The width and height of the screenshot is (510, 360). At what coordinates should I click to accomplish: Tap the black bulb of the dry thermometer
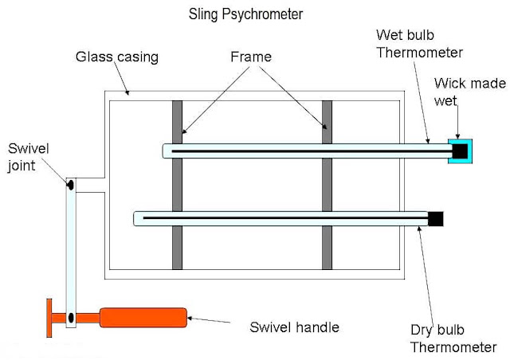(x=435, y=217)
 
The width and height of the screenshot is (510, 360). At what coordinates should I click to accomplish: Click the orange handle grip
(x=143, y=318)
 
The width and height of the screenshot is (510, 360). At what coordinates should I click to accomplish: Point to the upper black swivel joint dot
(x=71, y=185)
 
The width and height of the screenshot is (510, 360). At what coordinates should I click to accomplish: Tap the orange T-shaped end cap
(x=50, y=317)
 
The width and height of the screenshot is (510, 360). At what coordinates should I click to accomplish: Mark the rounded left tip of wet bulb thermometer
(x=166, y=150)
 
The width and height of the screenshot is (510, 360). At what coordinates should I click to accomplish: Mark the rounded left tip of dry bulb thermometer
(x=138, y=217)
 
